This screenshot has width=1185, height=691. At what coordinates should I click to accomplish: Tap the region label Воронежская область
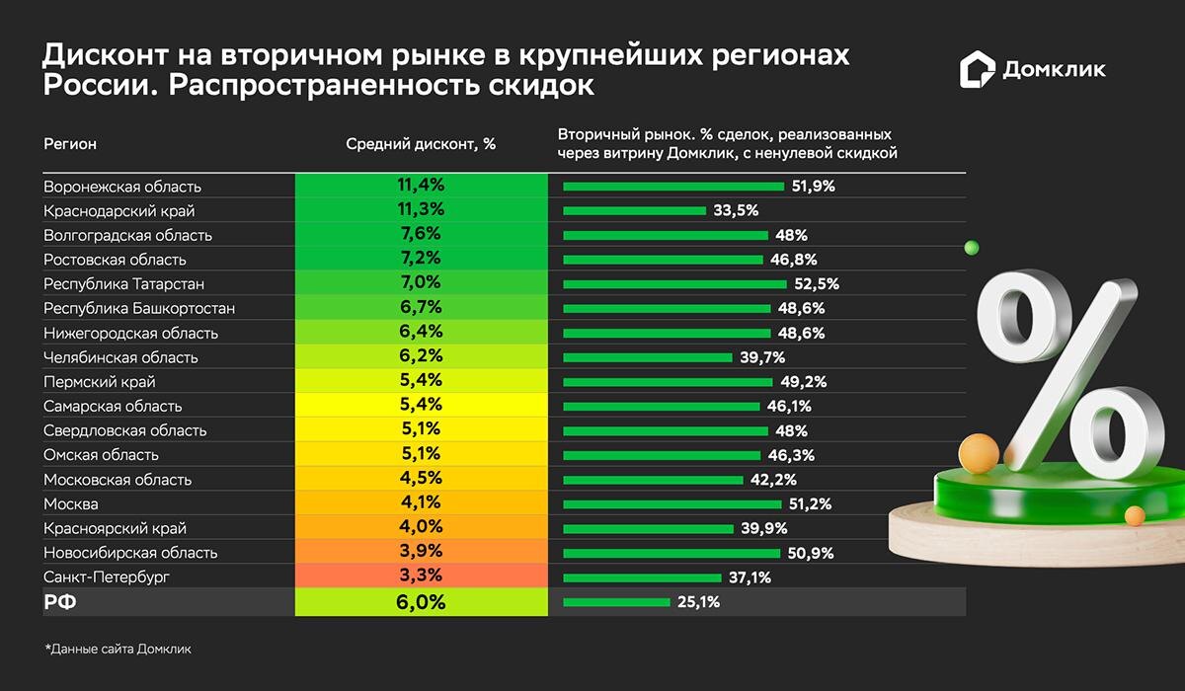click(122, 187)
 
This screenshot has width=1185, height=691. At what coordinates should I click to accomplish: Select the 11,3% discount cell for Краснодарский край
click(421, 210)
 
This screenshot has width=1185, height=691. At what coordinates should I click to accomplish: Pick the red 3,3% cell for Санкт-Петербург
click(421, 576)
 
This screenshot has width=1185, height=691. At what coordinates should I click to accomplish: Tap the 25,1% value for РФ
click(698, 602)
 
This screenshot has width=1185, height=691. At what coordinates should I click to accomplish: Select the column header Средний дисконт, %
click(421, 144)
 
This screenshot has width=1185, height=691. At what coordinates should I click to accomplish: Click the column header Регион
click(70, 144)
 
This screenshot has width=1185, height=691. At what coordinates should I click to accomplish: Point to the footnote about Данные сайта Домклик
click(118, 650)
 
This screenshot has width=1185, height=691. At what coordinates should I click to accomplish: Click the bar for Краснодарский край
click(635, 211)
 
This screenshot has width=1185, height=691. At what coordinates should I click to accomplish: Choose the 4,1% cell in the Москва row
click(421, 503)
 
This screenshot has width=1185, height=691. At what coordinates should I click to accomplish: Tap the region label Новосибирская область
click(130, 553)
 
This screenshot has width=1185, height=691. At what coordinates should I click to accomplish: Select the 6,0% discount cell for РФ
click(421, 602)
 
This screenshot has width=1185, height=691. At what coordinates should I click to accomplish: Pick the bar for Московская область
click(653, 480)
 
